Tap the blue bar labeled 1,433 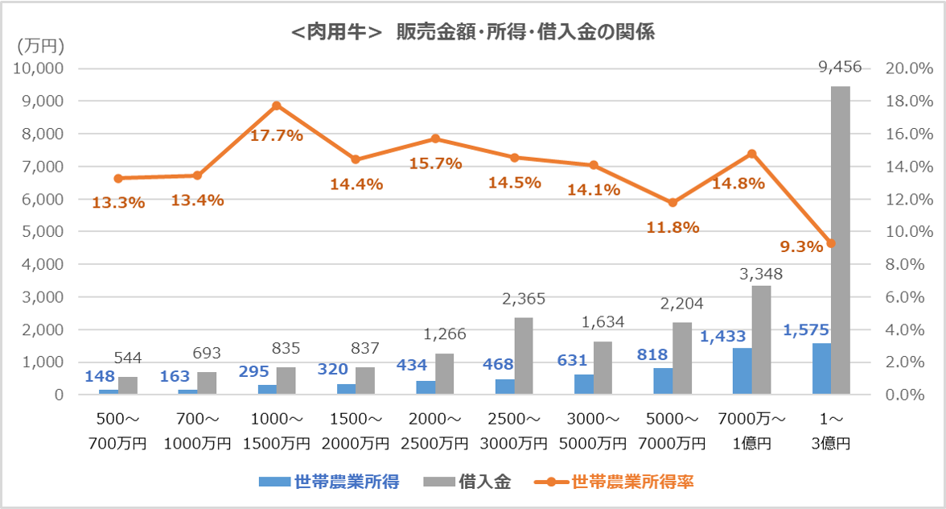pos(742,371)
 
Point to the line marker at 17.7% pos(277,106)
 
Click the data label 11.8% pos(672,227)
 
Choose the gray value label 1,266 pos(445,334)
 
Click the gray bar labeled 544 pos(128,386)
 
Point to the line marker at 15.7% pos(435,139)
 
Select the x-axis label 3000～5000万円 pos(593,432)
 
